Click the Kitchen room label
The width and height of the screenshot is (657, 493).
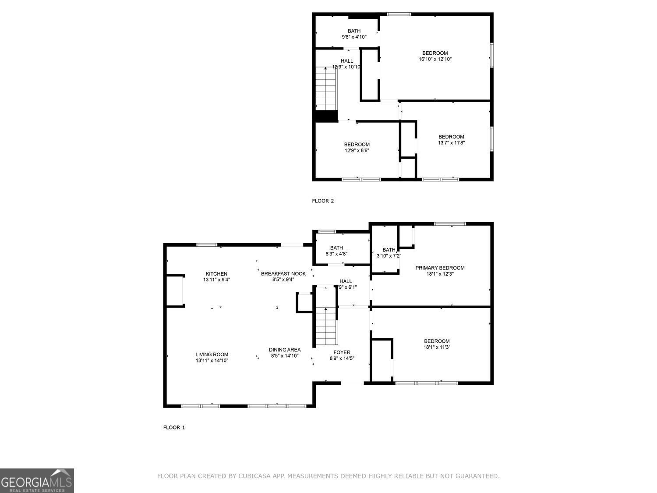pos(215,274)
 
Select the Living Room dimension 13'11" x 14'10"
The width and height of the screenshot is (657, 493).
pos(212,361)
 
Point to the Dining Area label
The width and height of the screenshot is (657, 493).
pos(285,350)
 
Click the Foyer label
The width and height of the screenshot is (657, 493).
pos(342,352)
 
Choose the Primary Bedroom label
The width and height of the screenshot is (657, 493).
pos(440,268)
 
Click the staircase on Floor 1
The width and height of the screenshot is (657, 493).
pos(326,326)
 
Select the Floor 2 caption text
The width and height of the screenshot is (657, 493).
pos(323,201)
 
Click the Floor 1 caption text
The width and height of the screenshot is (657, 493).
pos(174,427)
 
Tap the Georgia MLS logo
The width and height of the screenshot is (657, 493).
pos(37,481)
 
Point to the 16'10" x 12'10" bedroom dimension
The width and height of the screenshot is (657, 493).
pos(435,59)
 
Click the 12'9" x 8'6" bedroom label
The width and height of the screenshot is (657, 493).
pos(357,145)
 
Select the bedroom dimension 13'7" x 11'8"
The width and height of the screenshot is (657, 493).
pos(451,142)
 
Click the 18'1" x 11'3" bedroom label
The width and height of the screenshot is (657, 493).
pos(437,341)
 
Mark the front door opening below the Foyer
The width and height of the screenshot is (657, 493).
pos(352,384)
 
